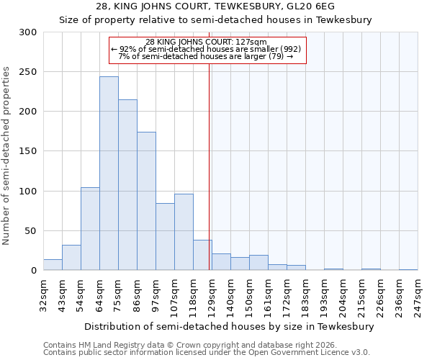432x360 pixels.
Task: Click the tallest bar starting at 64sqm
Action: point(109,174)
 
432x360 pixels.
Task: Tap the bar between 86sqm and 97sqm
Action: point(146,201)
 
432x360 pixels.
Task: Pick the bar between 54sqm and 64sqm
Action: point(90,229)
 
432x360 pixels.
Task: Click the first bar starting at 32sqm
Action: point(53,265)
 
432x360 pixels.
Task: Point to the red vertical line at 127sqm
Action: point(210,158)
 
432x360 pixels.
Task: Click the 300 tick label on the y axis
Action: point(27,32)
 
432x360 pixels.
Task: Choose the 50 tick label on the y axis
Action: point(30,231)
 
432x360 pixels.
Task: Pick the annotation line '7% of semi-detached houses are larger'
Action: point(205,56)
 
